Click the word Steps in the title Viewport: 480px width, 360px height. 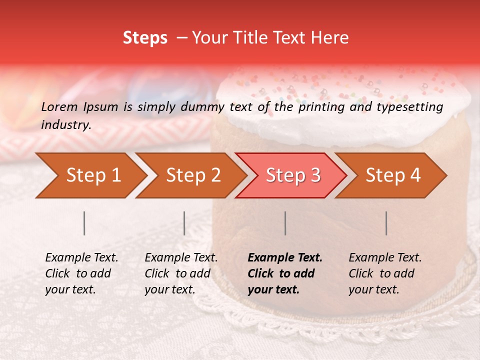pyautogui.click(x=145, y=38)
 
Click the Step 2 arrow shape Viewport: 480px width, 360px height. pyautogui.click(x=190, y=175)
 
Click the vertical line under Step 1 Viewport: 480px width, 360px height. pyautogui.click(x=84, y=223)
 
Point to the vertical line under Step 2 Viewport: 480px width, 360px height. pyautogui.click(x=184, y=223)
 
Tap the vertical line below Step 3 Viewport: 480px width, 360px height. pyautogui.click(x=285, y=223)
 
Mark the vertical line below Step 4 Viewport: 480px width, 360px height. pyautogui.click(x=386, y=223)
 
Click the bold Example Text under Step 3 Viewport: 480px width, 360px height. pyautogui.click(x=285, y=258)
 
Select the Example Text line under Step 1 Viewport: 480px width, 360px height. pyautogui.click(x=81, y=258)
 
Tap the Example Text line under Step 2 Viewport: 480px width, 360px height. pyautogui.click(x=181, y=258)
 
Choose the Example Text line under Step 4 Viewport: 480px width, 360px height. pyautogui.click(x=385, y=258)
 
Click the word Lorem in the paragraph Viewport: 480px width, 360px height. pyautogui.click(x=59, y=106)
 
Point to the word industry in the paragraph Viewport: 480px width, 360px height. pyautogui.click(x=65, y=125)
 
